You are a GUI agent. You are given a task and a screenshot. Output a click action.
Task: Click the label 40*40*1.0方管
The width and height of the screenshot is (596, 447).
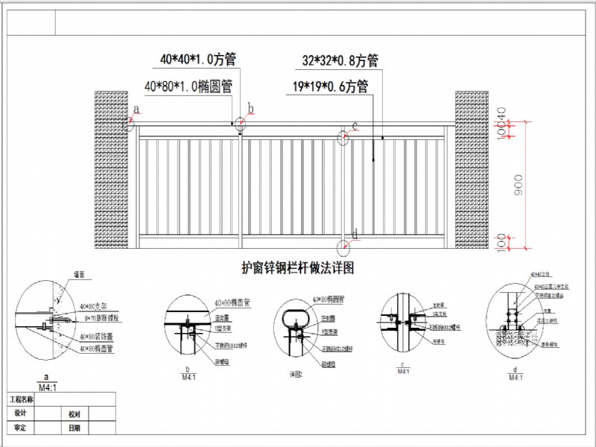tap(197, 57)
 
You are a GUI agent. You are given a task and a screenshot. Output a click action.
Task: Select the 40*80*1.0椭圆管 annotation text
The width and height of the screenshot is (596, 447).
tap(188, 86)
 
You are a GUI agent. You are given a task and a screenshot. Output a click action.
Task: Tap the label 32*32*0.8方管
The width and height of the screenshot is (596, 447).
tap(340, 60)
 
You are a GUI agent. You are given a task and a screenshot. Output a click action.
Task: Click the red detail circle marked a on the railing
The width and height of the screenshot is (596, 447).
tap(128, 124)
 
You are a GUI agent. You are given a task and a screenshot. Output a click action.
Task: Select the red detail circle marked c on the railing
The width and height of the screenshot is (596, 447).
tap(344, 137)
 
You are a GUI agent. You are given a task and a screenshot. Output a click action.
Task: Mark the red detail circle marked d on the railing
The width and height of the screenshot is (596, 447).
tap(343, 247)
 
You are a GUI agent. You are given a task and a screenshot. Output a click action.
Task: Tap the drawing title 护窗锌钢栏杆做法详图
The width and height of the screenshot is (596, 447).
tap(298, 268)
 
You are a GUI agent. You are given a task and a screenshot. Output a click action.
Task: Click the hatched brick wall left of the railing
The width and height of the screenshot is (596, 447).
tap(110, 169)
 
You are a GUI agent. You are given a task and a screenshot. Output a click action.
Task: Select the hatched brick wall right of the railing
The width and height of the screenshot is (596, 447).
tap(471, 169)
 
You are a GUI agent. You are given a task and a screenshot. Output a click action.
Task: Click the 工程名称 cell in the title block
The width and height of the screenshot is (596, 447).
tap(21, 400)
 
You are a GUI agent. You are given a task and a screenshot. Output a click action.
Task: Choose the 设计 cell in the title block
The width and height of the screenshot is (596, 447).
tap(21, 413)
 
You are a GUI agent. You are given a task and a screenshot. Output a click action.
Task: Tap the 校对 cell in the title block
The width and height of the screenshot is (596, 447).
tap(74, 413)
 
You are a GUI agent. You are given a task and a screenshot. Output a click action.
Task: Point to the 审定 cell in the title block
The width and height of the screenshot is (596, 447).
tap(21, 428)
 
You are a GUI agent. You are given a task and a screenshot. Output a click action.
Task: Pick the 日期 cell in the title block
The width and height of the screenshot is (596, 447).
tap(74, 428)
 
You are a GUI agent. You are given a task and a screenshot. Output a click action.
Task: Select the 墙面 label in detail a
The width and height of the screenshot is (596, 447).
tap(77, 275)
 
